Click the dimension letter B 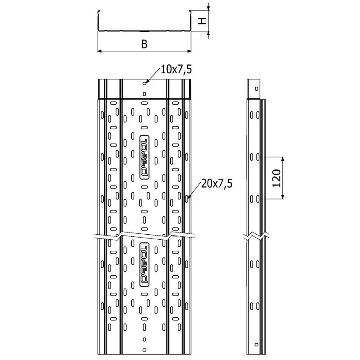pyautogui.click(x=144, y=44)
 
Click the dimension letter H pyautogui.click(x=202, y=21)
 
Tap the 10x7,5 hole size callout pyautogui.click(x=176, y=69)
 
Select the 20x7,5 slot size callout pyautogui.click(x=217, y=183)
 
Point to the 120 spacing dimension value pyautogui.click(x=277, y=178)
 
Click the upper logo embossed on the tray pyautogui.click(x=144, y=157)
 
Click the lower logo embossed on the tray pyautogui.click(x=144, y=265)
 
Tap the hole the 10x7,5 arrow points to pyautogui.click(x=144, y=83)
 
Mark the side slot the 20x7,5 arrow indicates pyautogui.click(x=187, y=199)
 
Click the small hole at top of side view pyautogui.click(x=257, y=89)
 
